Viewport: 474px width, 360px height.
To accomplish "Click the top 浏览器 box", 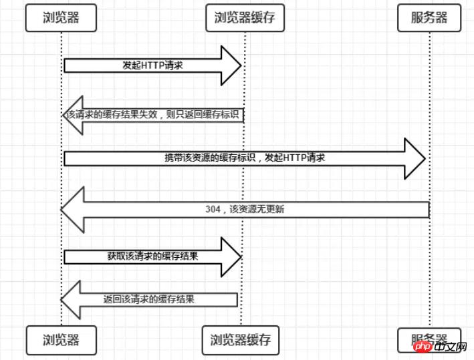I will point(61,18).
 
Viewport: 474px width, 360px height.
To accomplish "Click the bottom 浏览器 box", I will point(61,339).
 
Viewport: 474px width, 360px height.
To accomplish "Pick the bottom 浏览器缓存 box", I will point(241,339).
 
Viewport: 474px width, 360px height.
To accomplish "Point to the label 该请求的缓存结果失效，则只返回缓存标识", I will point(154,114).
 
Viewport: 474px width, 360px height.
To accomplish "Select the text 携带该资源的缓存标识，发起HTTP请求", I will point(245,158).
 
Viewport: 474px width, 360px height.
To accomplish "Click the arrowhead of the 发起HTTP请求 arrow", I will point(231,65).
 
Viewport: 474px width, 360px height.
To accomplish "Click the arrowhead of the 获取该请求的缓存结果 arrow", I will point(231,256).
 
